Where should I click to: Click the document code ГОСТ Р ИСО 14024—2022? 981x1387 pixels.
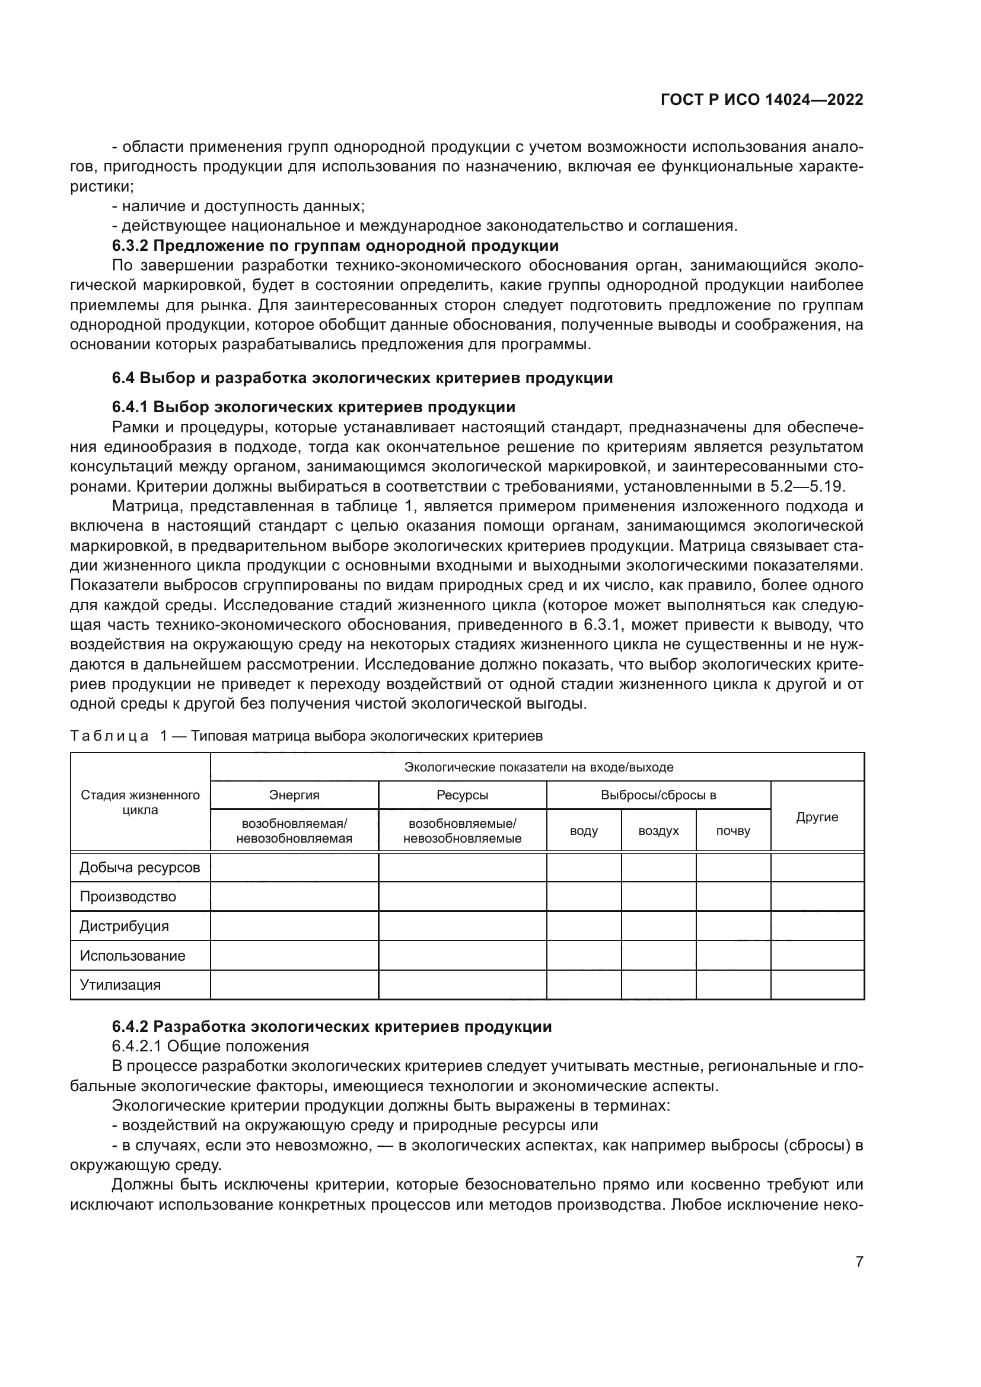coord(762,100)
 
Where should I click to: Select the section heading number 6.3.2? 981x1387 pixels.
coord(130,246)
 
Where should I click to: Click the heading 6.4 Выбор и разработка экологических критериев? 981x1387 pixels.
coord(362,378)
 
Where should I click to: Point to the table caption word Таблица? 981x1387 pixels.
coord(109,736)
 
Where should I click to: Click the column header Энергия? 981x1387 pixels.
coord(294,795)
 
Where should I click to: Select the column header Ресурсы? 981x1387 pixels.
coord(462,795)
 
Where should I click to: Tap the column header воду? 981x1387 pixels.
coord(584,831)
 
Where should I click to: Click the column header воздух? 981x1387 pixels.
coord(658,831)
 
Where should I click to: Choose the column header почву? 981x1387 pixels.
coord(732,831)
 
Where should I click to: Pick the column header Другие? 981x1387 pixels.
coord(817,817)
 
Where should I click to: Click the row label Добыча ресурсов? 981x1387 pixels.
coord(139,868)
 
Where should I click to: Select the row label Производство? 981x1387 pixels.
coord(128,897)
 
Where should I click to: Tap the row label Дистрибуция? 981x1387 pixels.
coord(125,926)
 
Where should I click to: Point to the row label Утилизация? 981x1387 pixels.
coord(120,985)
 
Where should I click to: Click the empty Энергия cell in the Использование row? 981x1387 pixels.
coord(294,956)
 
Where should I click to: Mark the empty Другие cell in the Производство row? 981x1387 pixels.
coord(817,897)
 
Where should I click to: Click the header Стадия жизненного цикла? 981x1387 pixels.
coord(140,802)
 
